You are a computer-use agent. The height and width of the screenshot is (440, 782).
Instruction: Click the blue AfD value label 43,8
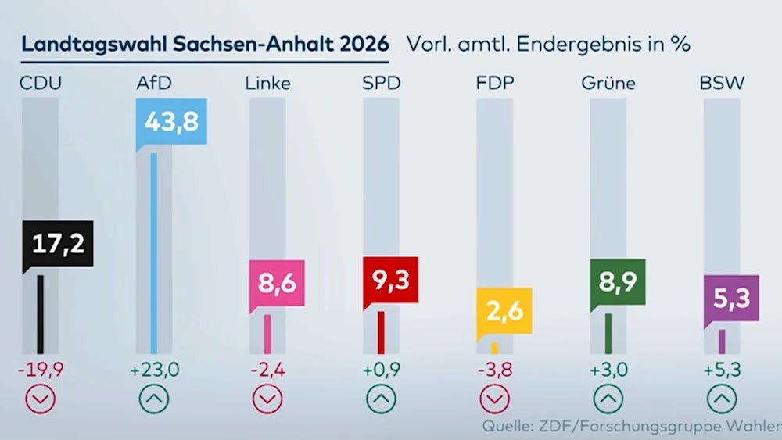pos(171,122)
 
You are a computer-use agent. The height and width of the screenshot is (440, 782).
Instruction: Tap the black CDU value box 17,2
pos(58,244)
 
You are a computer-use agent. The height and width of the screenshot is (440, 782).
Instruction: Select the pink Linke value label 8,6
pos(278,283)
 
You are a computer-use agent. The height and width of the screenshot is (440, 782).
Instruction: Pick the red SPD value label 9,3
pos(391,280)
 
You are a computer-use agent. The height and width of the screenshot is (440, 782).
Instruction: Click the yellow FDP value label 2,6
pos(504,311)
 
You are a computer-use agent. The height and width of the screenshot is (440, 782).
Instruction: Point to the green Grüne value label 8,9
pos(618,282)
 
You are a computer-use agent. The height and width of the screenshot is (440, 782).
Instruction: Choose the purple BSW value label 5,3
pos(732,298)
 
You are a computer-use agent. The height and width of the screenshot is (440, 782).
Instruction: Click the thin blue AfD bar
pos(154,253)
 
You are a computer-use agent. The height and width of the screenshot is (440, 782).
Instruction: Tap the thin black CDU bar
pos(41,314)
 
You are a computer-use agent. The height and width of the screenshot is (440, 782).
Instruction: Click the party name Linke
pos(267,83)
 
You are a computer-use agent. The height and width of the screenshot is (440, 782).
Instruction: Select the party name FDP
pos(495,83)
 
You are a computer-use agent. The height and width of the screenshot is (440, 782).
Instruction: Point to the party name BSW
pos(722,83)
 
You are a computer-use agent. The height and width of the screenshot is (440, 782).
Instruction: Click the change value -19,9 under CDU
pos(41,370)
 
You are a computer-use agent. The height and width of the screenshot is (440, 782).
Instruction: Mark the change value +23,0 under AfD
pos(154,370)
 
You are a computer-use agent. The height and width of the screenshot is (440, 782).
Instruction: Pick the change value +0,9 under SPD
pos(382,370)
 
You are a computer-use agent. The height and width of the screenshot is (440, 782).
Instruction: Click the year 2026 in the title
pos(364,44)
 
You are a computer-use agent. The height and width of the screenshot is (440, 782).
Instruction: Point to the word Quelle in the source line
pos(503,426)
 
